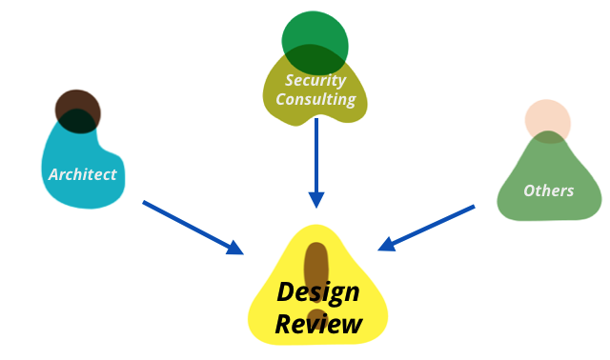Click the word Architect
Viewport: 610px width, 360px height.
[x=83, y=174]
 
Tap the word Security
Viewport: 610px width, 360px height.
[x=315, y=80]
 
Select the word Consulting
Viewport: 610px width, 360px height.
[x=315, y=99]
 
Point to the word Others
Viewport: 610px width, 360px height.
[x=548, y=190]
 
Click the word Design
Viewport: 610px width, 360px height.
[x=318, y=291]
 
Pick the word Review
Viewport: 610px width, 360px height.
[x=318, y=324]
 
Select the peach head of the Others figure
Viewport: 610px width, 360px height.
[x=548, y=122]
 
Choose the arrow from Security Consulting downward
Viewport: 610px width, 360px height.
[x=316, y=157]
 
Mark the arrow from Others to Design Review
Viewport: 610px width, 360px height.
[x=429, y=228]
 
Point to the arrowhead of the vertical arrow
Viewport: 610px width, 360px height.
[x=316, y=200]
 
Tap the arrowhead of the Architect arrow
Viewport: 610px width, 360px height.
[x=234, y=248]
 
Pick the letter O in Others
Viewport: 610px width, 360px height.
[x=529, y=190]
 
